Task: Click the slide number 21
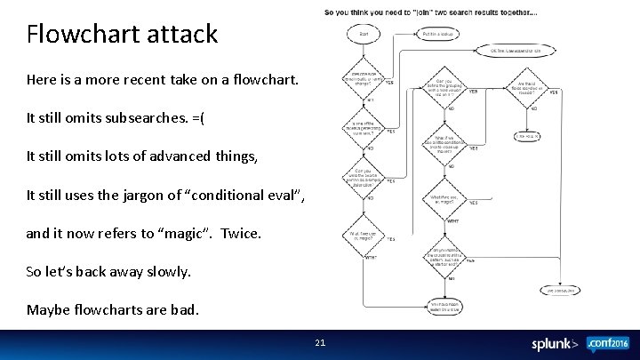[320, 342]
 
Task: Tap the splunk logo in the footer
[555, 344]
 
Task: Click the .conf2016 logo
[607, 342]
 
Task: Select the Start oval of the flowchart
[364, 35]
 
